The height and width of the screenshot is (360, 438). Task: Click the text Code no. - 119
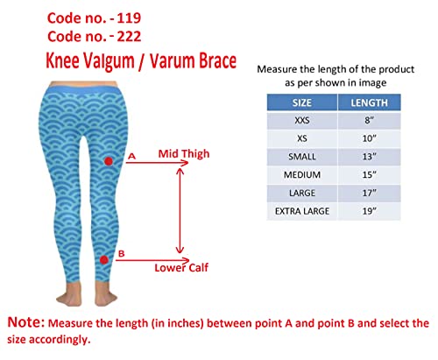click(93, 16)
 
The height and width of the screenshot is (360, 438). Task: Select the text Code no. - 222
click(93, 37)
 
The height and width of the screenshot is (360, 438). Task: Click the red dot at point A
click(109, 161)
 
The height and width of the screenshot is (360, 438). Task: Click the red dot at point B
click(104, 259)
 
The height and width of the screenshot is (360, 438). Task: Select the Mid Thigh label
click(184, 154)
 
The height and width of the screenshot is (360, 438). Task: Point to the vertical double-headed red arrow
click(180, 210)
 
